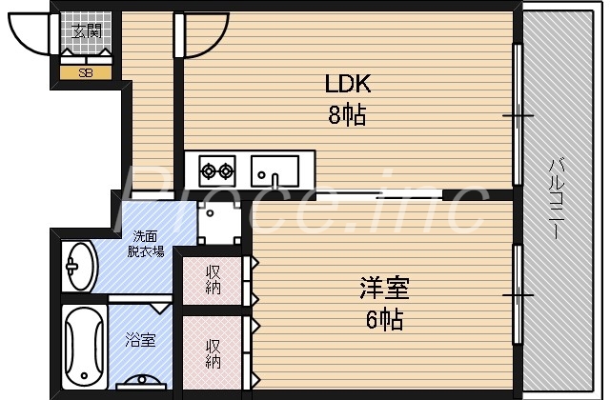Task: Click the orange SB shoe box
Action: coord(86,72)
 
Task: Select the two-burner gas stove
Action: coord(216,172)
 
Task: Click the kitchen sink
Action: coord(275,171)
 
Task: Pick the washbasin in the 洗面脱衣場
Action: coord(79,266)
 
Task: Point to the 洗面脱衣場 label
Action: coord(145,244)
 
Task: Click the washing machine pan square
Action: coord(218,224)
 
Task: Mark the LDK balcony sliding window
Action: coord(518,115)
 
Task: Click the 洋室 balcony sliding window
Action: coord(518,294)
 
